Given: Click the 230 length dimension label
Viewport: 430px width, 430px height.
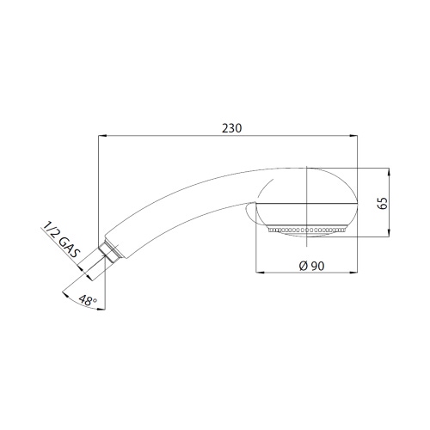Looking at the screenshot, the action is [232, 128].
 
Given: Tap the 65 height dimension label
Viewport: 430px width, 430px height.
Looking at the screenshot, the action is [384, 203].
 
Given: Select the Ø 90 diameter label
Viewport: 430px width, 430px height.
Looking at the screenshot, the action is [312, 266].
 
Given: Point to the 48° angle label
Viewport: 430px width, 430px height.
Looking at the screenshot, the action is [88, 300].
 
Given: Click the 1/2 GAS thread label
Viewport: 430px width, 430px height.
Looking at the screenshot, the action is [61, 241].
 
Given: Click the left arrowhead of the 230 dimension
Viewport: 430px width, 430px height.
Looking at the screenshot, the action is [102, 136].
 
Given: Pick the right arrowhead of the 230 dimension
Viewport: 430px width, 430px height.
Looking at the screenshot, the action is [353, 136].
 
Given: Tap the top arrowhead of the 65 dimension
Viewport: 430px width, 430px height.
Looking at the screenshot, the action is [389, 172].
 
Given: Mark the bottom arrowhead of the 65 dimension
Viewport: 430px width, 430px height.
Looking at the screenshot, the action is [389, 232].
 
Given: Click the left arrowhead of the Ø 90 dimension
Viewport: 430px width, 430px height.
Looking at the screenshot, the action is [260, 272].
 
